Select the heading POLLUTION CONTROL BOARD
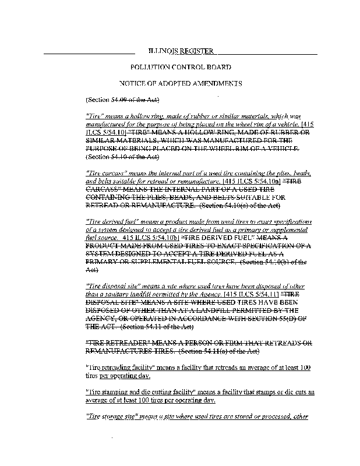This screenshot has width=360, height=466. coord(180,68)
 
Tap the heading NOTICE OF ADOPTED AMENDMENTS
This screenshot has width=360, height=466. coord(180,84)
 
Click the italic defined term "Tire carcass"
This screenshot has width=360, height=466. coord(104,174)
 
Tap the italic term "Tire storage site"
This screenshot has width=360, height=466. coord(111,416)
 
